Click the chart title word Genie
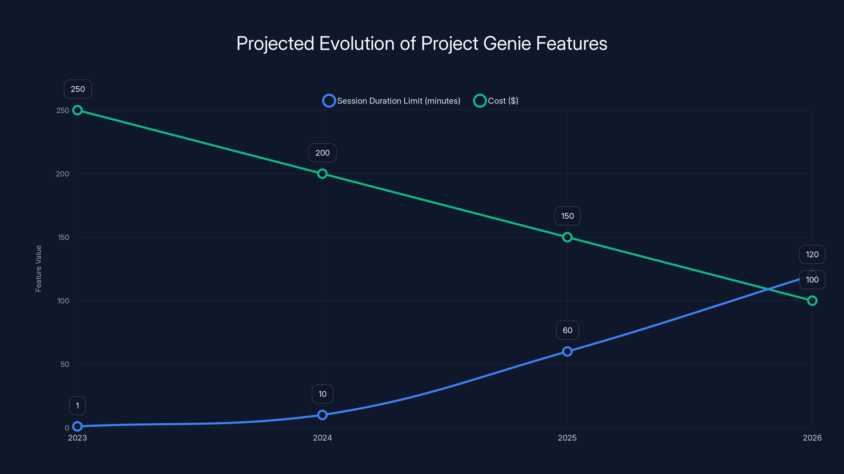pyautogui.click(x=507, y=43)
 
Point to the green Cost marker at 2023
pyautogui.click(x=77, y=110)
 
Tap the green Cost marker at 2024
pyautogui.click(x=322, y=174)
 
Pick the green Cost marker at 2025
pyautogui.click(x=567, y=237)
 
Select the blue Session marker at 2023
pyautogui.click(x=77, y=426)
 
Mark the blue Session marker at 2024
pyautogui.click(x=322, y=415)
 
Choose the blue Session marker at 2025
pyautogui.click(x=567, y=351)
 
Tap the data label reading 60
pyautogui.click(x=567, y=330)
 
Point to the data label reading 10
pyautogui.click(x=322, y=394)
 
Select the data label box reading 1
pyautogui.click(x=77, y=406)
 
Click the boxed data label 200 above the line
pyautogui.click(x=322, y=153)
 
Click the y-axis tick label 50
pyautogui.click(x=65, y=364)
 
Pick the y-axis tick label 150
pyautogui.click(x=64, y=238)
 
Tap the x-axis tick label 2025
pyautogui.click(x=567, y=438)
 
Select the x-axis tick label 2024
pyautogui.click(x=322, y=438)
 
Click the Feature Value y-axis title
pyautogui.click(x=38, y=269)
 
